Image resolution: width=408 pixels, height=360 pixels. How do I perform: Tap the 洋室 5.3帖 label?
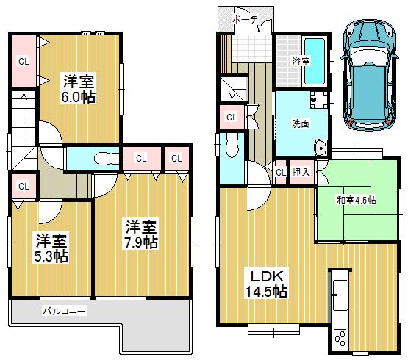tap(51, 248)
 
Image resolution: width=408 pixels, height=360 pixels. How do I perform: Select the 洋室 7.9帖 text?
tap(140, 233)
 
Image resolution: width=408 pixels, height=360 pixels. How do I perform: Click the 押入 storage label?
tap(301, 172)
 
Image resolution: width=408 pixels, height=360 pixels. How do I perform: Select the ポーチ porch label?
tap(245, 20)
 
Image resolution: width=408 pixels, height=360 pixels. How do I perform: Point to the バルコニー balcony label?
tap(64, 312)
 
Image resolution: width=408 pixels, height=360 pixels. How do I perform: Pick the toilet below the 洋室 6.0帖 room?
tap(105, 156)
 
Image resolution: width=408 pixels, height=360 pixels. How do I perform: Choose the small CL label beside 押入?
tap(280, 172)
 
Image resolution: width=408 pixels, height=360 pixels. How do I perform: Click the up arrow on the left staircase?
tap(24, 103)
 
